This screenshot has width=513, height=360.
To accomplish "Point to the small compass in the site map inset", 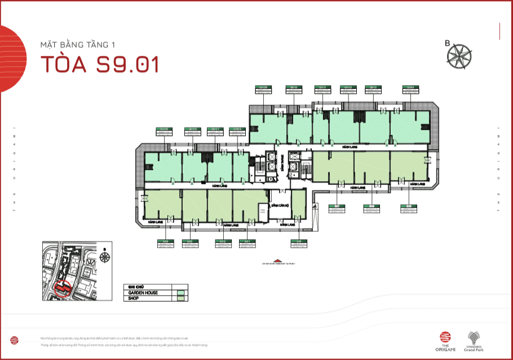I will [104, 257].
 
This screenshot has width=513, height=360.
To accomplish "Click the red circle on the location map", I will [63, 288].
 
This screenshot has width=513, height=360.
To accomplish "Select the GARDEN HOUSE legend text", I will [143, 293].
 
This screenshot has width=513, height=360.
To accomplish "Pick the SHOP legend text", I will [134, 298].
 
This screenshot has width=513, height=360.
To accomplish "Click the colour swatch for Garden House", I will [180, 293].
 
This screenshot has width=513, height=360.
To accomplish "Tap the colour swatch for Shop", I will [180, 298].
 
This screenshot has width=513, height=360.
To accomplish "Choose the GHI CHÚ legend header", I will [136, 287].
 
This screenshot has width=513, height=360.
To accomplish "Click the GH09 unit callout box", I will [263, 89].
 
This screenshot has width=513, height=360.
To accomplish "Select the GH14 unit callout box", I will [410, 89].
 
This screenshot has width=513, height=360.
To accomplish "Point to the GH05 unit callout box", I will [164, 131].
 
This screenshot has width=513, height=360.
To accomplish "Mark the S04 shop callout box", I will [165, 243].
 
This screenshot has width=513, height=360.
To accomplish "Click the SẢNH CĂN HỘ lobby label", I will [280, 205].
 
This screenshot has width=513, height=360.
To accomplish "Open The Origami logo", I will [446, 338].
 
